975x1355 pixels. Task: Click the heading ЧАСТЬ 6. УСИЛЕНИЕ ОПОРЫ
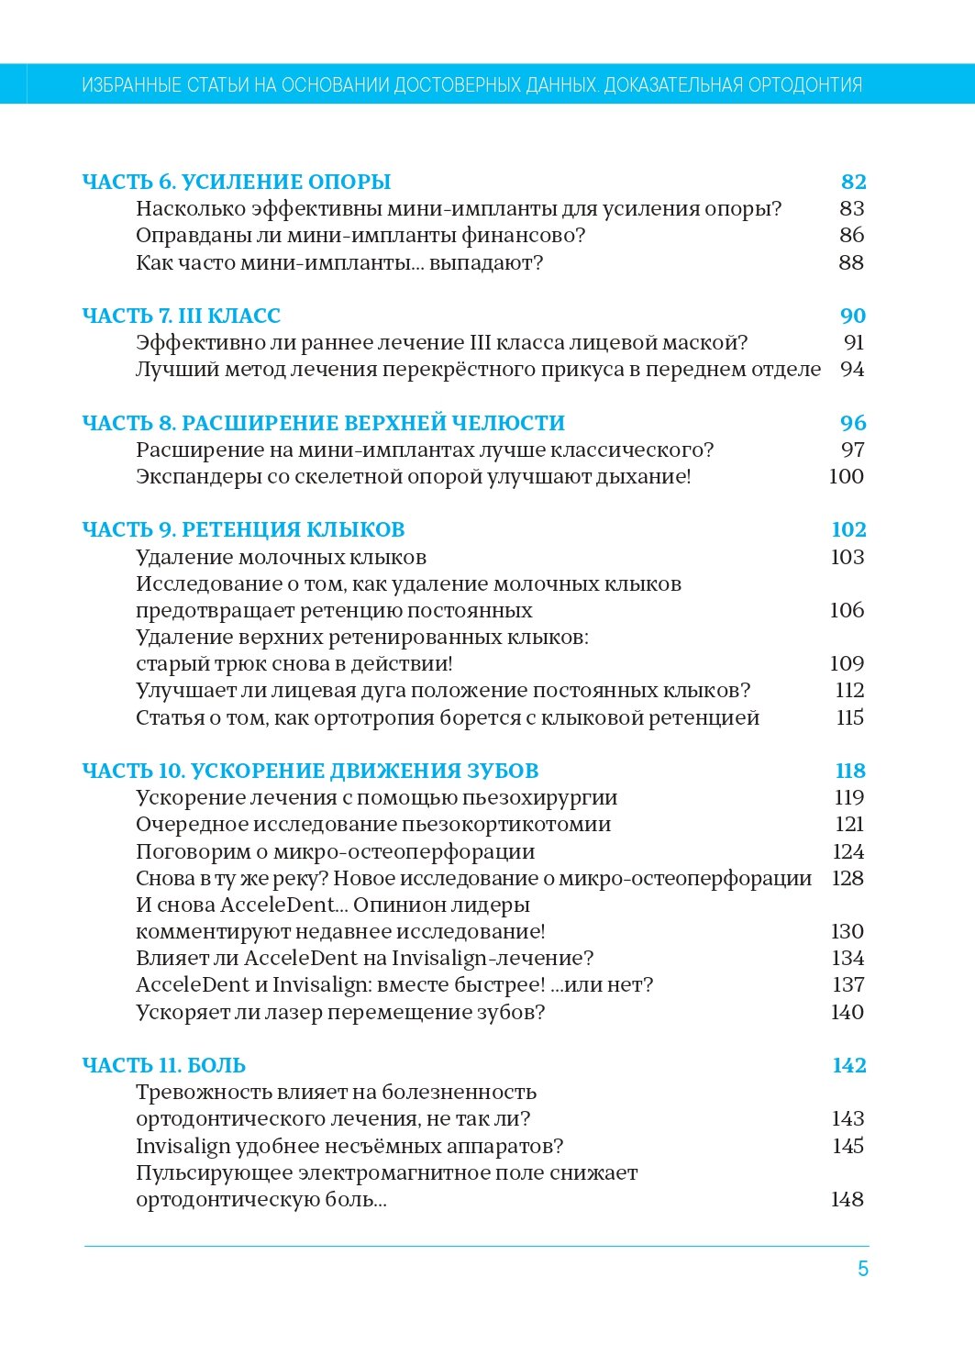(236, 182)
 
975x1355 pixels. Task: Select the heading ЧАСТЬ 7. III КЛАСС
(181, 316)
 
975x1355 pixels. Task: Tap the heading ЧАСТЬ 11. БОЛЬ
(163, 1065)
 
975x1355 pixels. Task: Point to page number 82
(853, 182)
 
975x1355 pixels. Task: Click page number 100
(846, 476)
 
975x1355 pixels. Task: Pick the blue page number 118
(850, 771)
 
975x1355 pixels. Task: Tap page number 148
(847, 1199)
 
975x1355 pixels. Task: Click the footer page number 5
(862, 1269)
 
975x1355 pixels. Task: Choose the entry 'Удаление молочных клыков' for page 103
(281, 557)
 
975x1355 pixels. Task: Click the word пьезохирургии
(539, 797)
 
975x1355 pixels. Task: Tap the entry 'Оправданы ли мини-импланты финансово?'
(360, 235)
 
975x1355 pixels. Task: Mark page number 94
(852, 369)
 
